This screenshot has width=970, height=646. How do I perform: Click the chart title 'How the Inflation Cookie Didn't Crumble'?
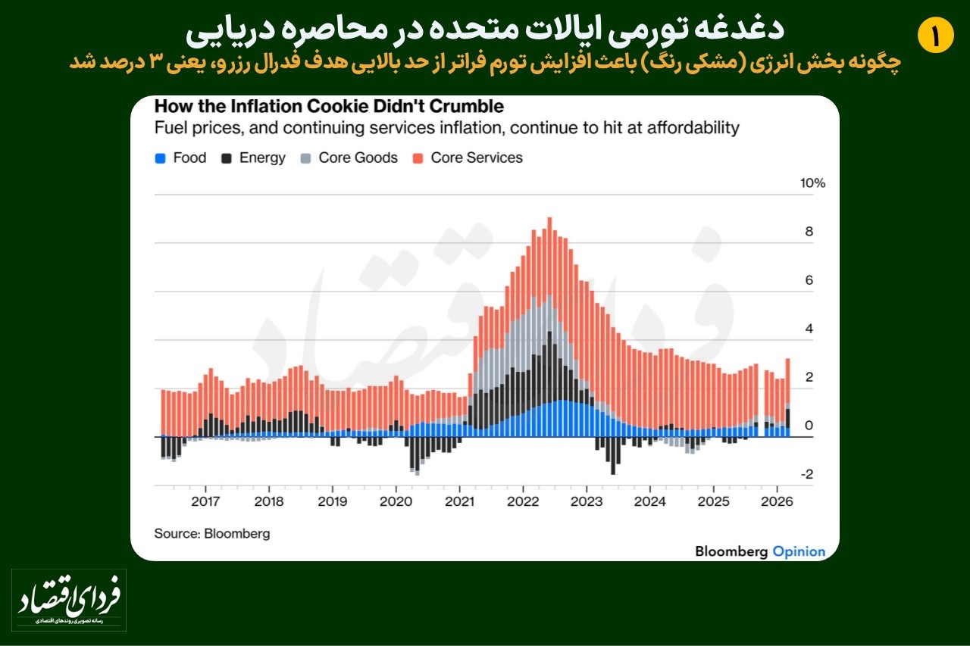(329, 106)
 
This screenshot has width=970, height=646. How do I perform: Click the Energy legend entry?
(253, 158)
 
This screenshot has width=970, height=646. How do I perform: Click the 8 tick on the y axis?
(809, 232)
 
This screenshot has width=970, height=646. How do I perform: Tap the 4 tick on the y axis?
(809, 329)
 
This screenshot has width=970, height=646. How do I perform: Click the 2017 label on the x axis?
(205, 501)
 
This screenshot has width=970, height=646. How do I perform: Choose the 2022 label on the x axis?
(522, 501)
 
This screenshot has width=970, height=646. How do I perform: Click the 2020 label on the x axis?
(395, 501)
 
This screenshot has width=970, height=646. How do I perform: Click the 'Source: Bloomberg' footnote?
(212, 533)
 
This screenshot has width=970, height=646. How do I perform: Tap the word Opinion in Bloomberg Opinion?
(799, 551)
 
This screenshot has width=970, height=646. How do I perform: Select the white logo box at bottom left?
(69, 600)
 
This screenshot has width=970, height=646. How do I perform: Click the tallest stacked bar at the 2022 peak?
(549, 326)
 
